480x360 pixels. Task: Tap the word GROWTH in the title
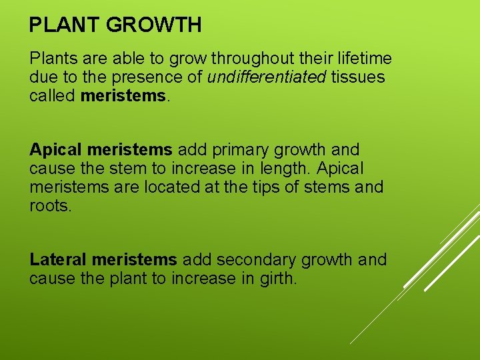[x=153, y=25]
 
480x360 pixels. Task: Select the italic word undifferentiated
[x=267, y=77]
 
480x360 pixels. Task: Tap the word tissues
[x=358, y=77]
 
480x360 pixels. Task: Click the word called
[x=52, y=95]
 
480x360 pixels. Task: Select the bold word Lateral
[x=59, y=259]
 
